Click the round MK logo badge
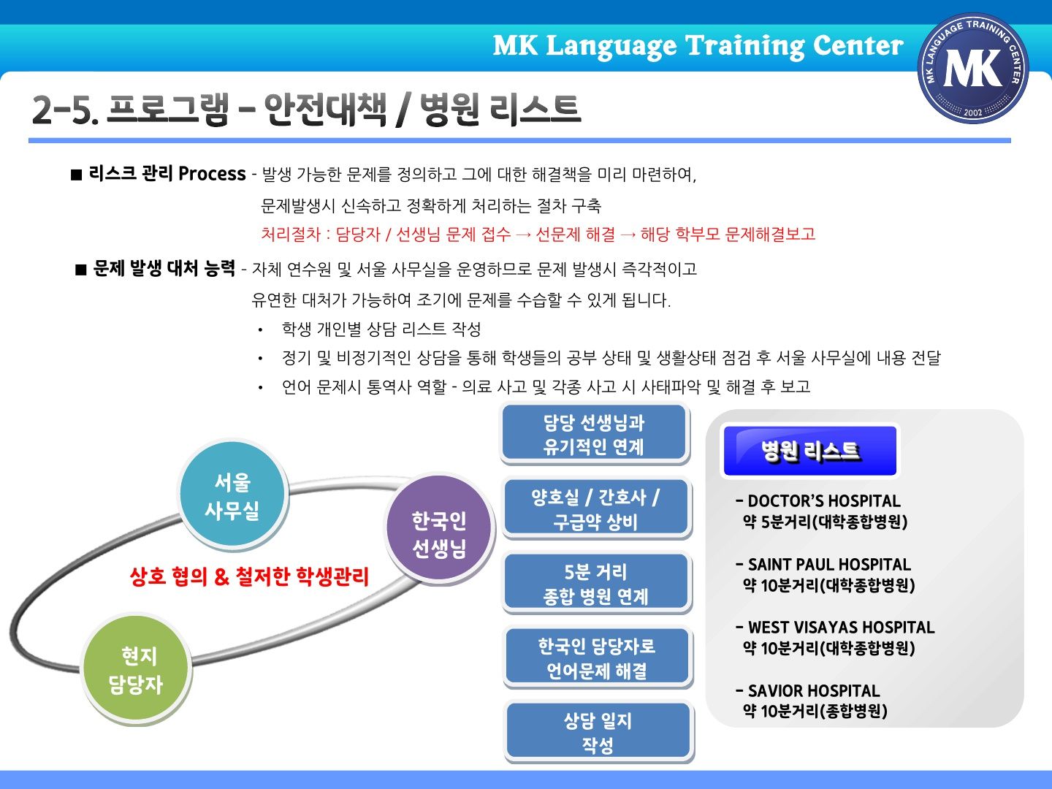(973, 68)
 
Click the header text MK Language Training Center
(698, 47)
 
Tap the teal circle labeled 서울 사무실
(233, 495)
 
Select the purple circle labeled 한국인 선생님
(440, 527)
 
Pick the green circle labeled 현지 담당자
(137, 669)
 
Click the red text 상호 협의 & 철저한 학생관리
(249, 576)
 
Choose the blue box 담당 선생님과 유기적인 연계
(594, 433)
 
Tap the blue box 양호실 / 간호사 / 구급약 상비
(595, 508)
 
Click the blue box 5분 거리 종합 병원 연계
(595, 583)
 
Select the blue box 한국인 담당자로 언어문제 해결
(597, 657)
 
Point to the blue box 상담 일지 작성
(598, 732)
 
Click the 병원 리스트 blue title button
(810, 451)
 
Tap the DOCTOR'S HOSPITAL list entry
(821, 511)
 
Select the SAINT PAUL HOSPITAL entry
(825, 574)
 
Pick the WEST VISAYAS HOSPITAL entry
(835, 638)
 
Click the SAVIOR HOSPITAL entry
(812, 701)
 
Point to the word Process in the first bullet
(212, 173)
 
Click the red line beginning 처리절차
(538, 235)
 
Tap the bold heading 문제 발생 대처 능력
(164, 268)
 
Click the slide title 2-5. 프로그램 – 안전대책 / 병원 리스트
(307, 110)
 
